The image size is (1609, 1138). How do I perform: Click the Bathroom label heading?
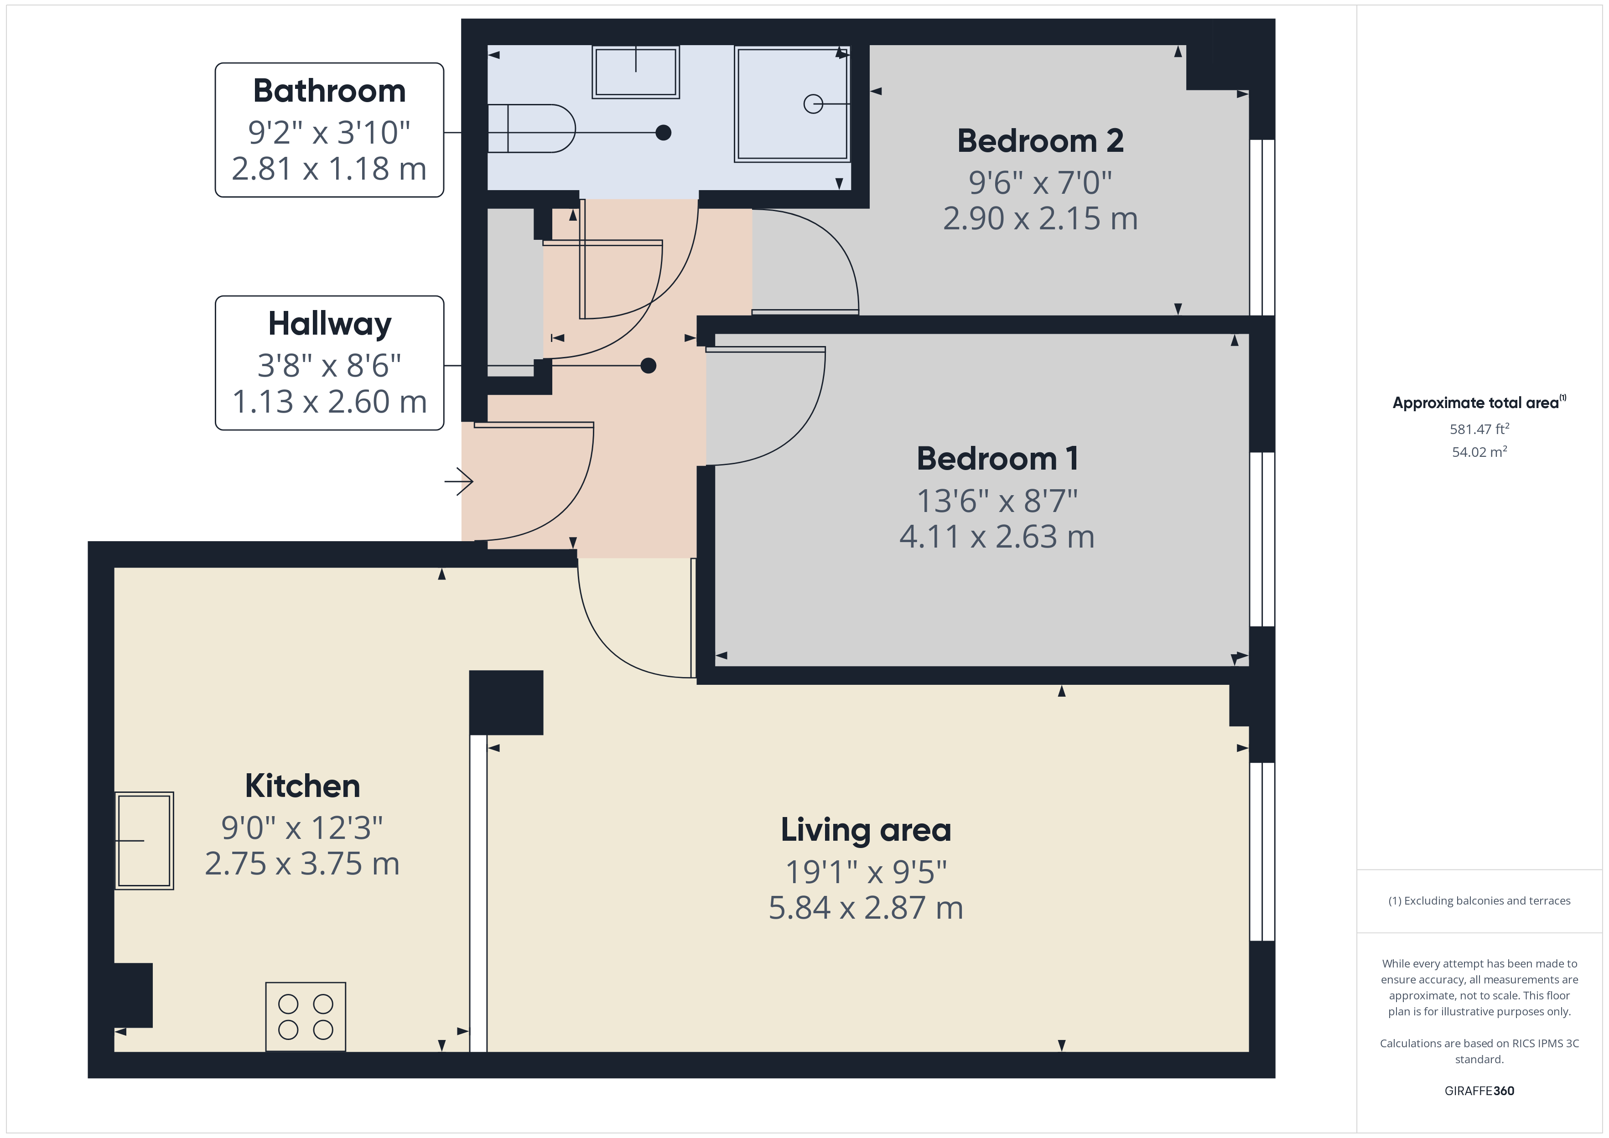pos(329,91)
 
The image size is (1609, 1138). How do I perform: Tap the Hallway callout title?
pos(329,324)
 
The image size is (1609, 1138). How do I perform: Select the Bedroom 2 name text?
pos(1041,141)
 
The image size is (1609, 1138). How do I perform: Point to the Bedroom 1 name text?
pos(997,459)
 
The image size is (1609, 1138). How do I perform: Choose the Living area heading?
pos(866,830)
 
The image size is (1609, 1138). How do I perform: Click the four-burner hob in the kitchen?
pos(306,1017)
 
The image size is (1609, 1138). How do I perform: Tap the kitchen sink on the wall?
pos(145,841)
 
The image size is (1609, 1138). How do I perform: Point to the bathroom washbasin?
pos(636,72)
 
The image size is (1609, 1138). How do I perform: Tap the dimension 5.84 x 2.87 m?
pos(866,908)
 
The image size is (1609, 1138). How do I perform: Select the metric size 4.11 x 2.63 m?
pos(997,538)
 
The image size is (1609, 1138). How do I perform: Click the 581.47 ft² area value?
pos(1479,429)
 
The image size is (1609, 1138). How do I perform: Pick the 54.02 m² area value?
pos(1479,452)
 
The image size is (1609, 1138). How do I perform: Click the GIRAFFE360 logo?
pos(1479,1091)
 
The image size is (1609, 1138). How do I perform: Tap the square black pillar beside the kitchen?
pos(506,703)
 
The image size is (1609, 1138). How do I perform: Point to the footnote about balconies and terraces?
pos(1479,901)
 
